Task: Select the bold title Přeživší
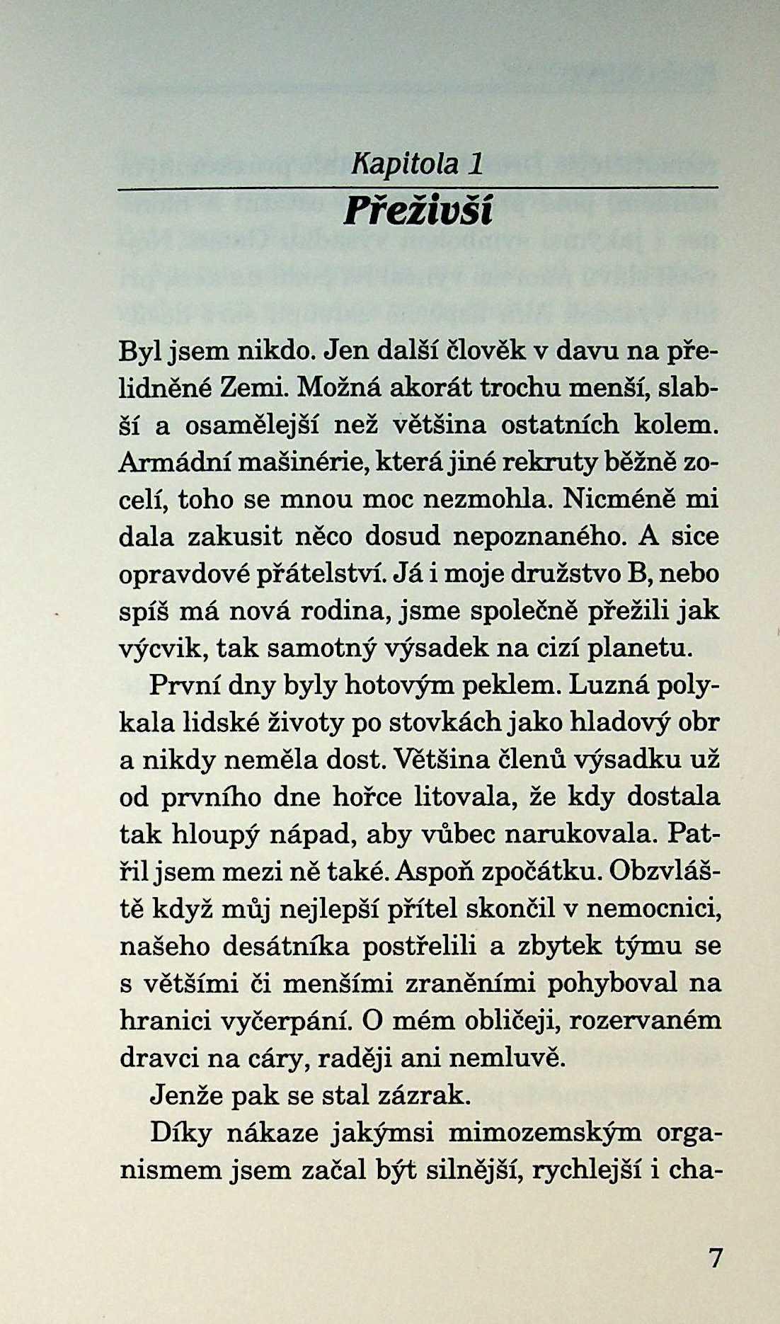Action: [x=418, y=211]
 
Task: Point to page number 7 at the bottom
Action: [x=716, y=1258]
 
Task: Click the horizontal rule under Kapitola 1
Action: [x=418, y=187]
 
